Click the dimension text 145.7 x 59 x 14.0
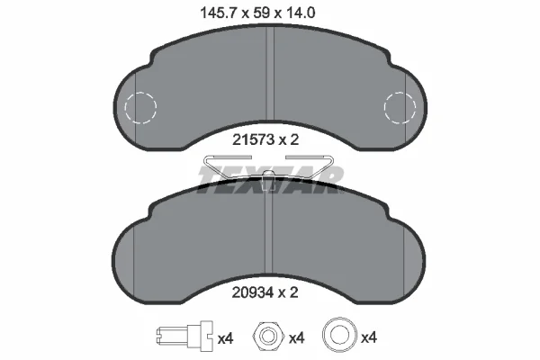[257, 13]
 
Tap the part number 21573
[253, 139]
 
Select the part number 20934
[253, 292]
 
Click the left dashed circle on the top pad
[140, 107]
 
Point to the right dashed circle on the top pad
[400, 107]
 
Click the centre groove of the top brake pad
[270, 73]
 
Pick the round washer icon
[339, 335]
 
